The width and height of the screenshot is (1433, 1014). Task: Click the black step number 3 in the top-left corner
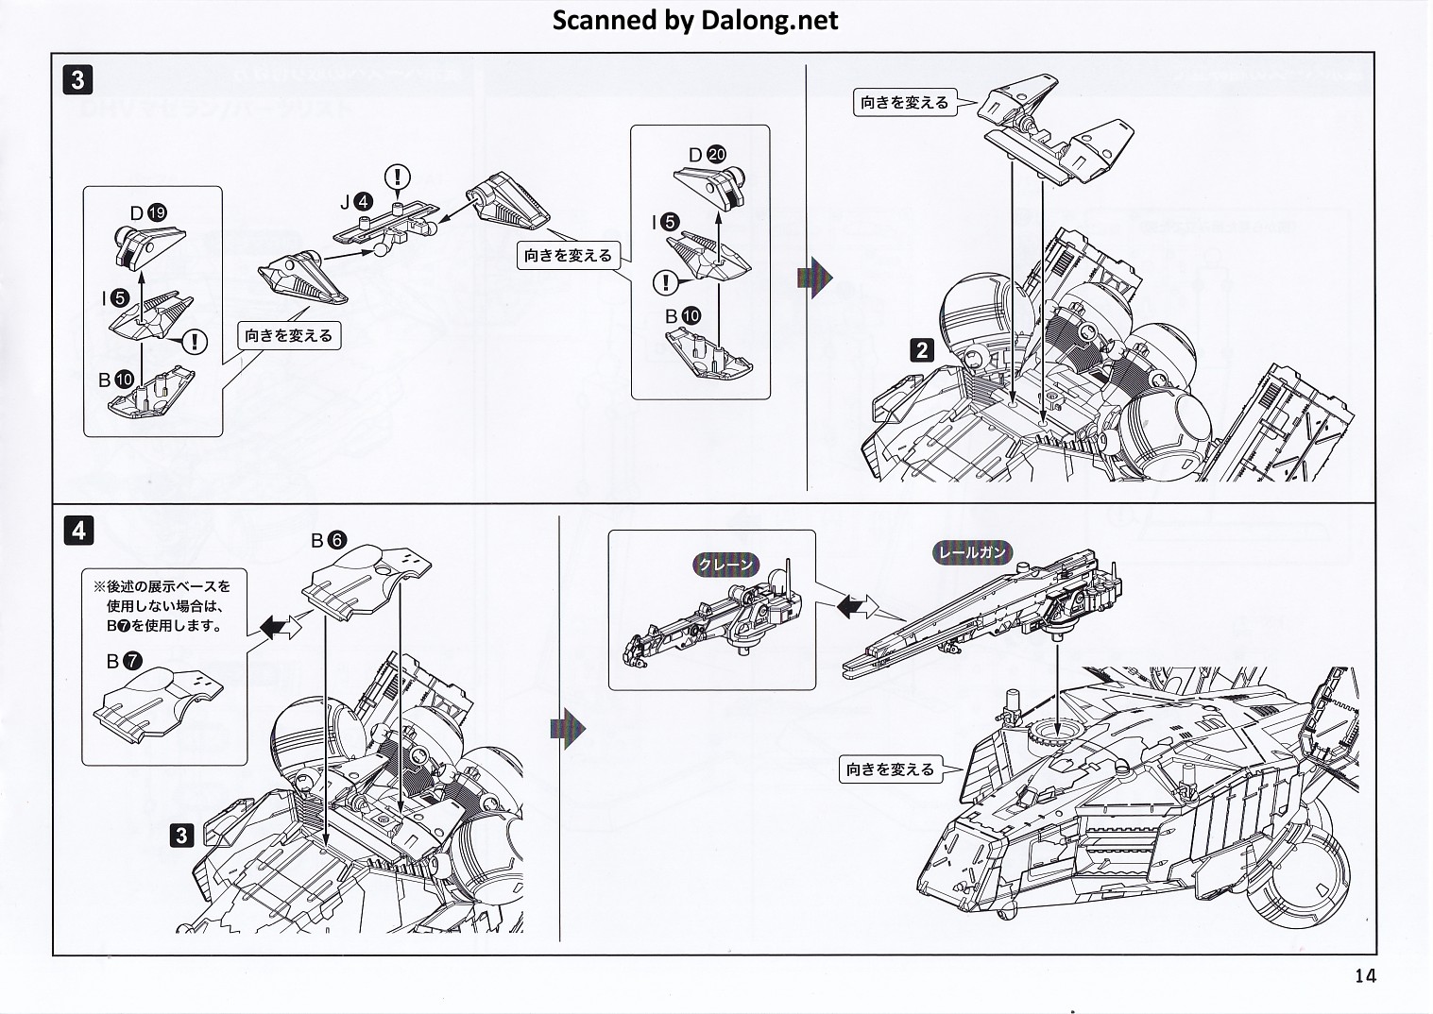pos(78,79)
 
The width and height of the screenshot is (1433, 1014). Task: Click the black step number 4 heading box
pos(78,531)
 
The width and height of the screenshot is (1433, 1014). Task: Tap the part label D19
pos(148,213)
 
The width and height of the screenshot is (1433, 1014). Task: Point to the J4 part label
pos(357,202)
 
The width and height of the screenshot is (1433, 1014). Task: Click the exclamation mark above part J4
pos(400,176)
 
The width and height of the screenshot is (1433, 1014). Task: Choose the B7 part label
pos(124,662)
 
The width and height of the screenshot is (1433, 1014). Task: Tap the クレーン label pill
pos(726,565)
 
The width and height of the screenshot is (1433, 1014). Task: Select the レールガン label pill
pos(972,552)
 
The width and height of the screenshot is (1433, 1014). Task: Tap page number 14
pos(1365,975)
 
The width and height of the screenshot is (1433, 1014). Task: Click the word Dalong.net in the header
pos(769,21)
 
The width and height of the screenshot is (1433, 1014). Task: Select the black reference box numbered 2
pos(921,350)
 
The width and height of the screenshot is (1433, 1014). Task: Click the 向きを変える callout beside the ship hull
pos(890,769)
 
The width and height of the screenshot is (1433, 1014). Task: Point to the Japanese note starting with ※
pos(162,605)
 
